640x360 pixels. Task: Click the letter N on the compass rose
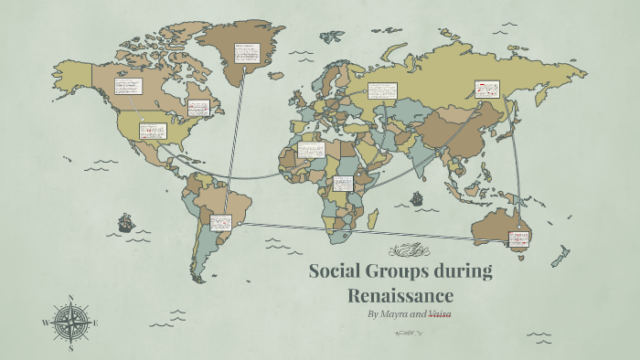coord(70,298)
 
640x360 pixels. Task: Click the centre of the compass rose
coord(70,323)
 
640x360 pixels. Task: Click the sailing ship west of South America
coord(125,222)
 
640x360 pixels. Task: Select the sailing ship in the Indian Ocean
coord(417,197)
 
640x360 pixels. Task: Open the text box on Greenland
coord(246,54)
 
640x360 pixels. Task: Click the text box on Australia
coord(518,240)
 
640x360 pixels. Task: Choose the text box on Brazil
coord(221,222)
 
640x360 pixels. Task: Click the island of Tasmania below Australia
coord(522,259)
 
